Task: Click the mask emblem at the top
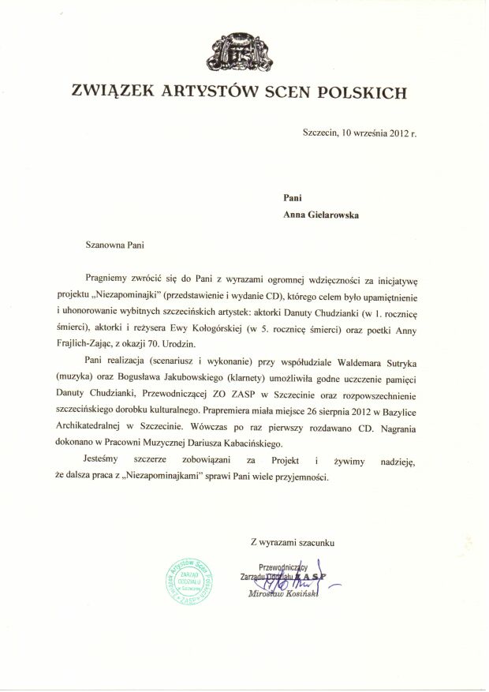(243, 50)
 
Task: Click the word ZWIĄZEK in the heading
(110, 93)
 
